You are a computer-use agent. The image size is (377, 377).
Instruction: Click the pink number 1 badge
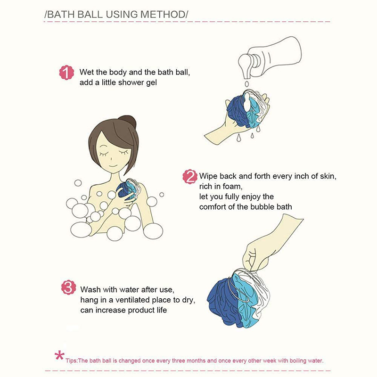[66, 73]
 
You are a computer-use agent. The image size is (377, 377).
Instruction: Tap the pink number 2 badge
[190, 177]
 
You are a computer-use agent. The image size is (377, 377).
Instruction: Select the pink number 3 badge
[68, 287]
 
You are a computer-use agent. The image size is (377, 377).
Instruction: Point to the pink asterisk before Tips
[59, 356]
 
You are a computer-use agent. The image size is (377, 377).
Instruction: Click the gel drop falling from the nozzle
[246, 84]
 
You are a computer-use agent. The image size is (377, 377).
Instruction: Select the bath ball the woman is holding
[127, 189]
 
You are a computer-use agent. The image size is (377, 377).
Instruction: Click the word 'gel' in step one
[151, 83]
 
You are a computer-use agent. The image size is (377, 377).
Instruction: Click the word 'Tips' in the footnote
[71, 361]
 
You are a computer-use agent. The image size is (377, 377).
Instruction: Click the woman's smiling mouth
[114, 166]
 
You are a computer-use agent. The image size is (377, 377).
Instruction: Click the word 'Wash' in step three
[90, 290]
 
